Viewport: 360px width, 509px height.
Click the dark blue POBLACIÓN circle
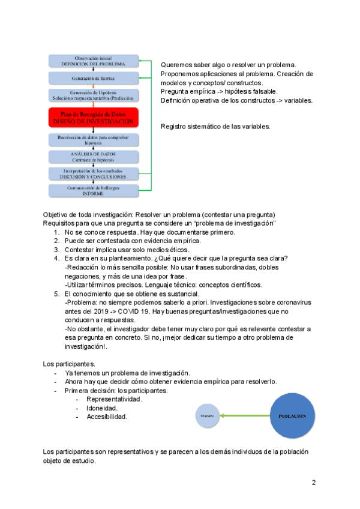point(292,415)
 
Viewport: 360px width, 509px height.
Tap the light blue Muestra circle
point(206,415)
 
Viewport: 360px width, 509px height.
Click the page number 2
point(313,483)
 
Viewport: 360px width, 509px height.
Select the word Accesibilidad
point(107,417)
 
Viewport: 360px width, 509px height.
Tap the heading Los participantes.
point(68,364)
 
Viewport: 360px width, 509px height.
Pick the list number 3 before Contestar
point(56,250)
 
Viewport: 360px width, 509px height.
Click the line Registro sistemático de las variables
point(215,126)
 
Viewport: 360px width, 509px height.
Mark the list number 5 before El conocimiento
point(56,294)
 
